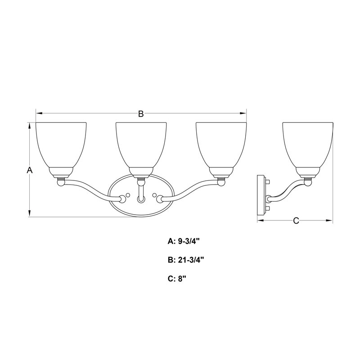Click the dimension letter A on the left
click(x=30, y=170)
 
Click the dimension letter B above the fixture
click(x=141, y=114)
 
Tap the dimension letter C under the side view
click(x=296, y=220)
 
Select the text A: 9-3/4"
click(x=183, y=241)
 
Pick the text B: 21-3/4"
click(x=186, y=260)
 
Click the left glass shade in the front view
click(x=61, y=144)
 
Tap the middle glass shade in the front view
click(x=141, y=144)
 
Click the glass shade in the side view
click(x=308, y=144)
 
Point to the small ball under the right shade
click(x=221, y=182)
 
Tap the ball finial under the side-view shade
click(x=308, y=182)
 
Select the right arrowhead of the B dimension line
click(x=244, y=113)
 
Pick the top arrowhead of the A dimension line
click(x=30, y=125)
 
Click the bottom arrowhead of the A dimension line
click(x=30, y=215)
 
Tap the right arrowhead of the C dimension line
click(x=329, y=220)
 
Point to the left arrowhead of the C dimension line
click(x=260, y=220)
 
